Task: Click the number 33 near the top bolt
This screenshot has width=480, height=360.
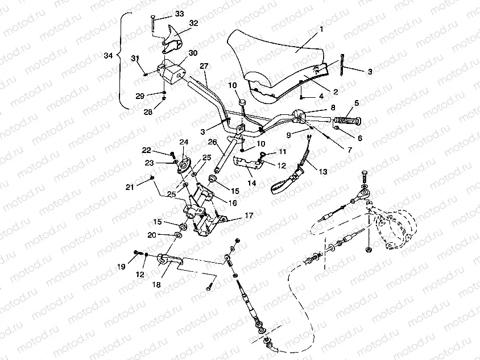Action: pos(180,13)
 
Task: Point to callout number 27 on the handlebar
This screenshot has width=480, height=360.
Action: pos(204,66)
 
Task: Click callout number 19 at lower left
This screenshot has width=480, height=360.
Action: pos(122,266)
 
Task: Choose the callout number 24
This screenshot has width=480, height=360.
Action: pos(184,142)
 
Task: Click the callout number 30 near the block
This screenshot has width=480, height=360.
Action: pos(193,53)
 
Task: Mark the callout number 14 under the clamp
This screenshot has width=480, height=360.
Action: pos(251,183)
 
